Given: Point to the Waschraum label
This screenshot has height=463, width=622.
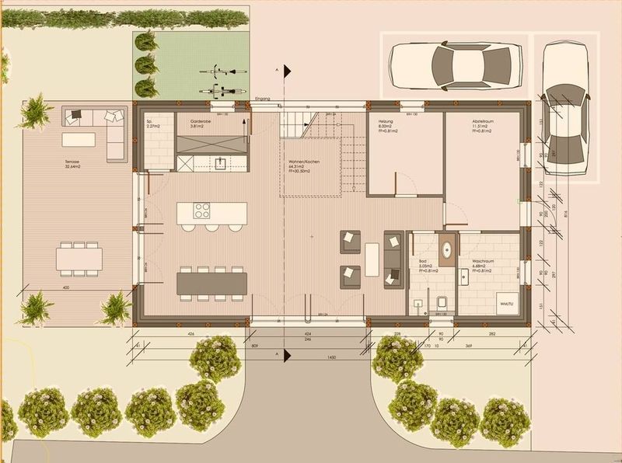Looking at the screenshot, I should coord(484,262).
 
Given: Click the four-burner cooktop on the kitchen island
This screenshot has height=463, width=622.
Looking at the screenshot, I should coord(201,211).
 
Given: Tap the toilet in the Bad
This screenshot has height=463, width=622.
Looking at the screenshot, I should coord(441,301).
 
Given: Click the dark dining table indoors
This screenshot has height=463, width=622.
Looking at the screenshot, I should coord(212,284).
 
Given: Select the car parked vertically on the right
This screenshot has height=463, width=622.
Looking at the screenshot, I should coord(564,109).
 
